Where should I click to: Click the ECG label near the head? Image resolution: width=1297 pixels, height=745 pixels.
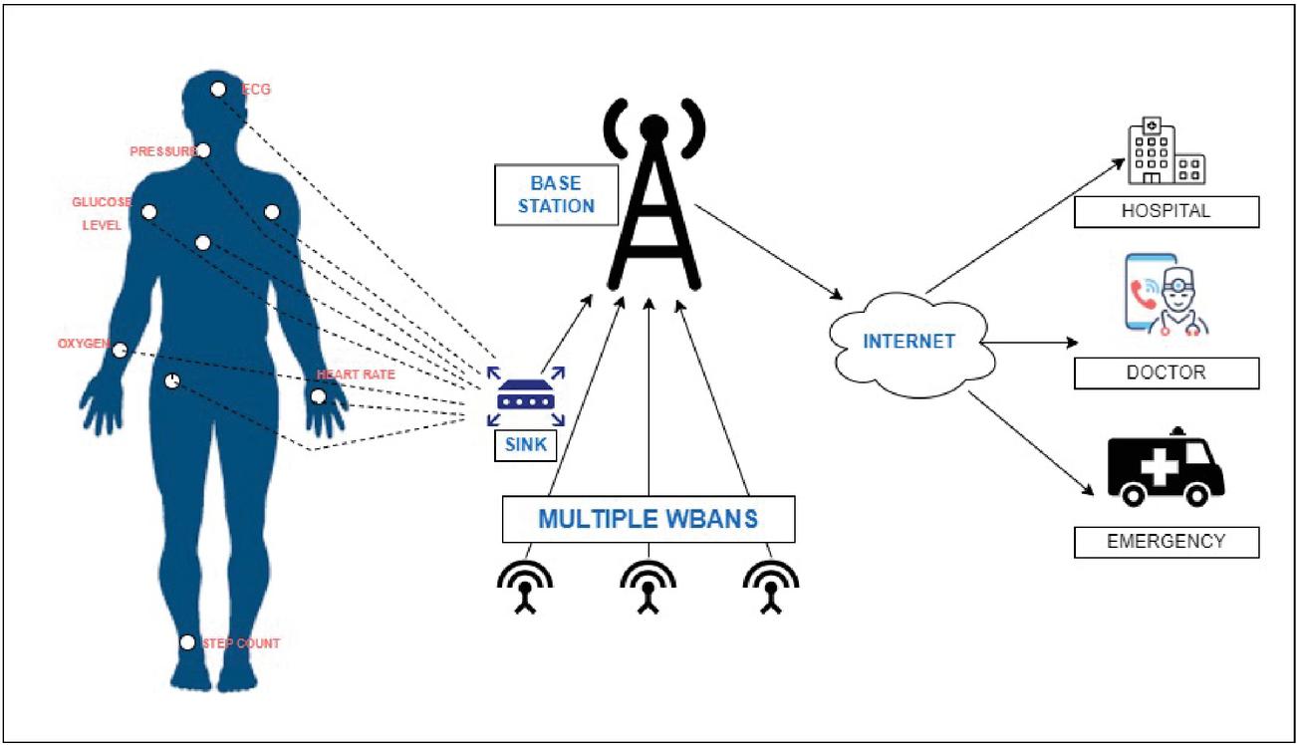(x=257, y=90)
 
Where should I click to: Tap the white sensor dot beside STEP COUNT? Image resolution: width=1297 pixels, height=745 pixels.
(x=187, y=642)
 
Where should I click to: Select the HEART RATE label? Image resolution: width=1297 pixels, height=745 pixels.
(x=356, y=375)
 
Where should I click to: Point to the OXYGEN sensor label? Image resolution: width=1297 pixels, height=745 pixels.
(x=83, y=345)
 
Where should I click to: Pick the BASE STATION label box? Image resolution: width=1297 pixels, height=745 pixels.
(x=555, y=195)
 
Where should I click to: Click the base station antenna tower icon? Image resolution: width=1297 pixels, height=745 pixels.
(x=652, y=199)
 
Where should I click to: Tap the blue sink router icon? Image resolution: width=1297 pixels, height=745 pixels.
(x=525, y=397)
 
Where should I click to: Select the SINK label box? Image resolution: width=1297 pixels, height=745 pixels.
(x=525, y=445)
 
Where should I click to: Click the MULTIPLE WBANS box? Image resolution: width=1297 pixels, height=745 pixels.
(x=648, y=520)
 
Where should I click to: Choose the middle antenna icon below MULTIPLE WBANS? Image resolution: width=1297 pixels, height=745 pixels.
(x=648, y=585)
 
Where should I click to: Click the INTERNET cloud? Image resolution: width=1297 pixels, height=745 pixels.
(x=908, y=341)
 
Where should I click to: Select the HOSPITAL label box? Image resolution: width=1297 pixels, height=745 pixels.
(x=1166, y=211)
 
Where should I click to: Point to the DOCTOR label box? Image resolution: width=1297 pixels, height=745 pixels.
(x=1166, y=372)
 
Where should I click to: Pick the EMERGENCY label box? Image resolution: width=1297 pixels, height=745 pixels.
(x=1166, y=542)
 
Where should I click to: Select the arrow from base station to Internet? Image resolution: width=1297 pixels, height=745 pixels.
(x=768, y=250)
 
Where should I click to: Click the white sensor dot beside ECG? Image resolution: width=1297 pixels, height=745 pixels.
(x=218, y=89)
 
